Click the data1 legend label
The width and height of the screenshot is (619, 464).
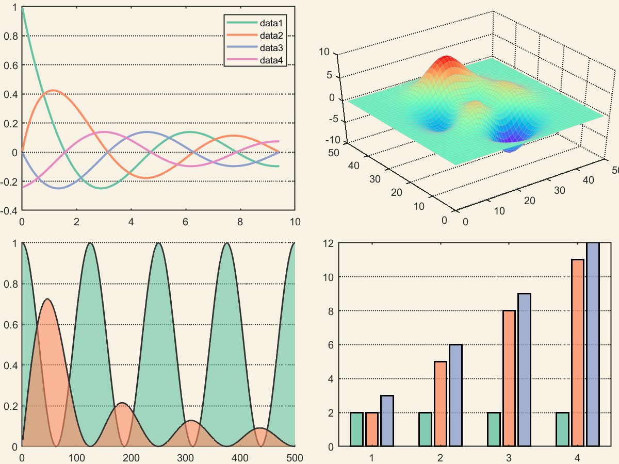click(x=271, y=23)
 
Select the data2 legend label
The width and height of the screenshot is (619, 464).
click(x=271, y=36)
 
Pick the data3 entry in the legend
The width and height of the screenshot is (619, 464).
click(x=271, y=48)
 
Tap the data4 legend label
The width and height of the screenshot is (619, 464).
click(x=271, y=60)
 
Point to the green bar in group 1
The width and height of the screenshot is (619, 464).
click(x=356, y=429)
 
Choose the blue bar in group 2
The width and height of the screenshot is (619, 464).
click(x=455, y=395)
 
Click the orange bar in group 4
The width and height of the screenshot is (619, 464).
click(x=578, y=353)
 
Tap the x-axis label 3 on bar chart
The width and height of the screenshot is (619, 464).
click(x=509, y=458)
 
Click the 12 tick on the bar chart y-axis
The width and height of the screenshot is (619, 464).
click(x=328, y=243)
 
